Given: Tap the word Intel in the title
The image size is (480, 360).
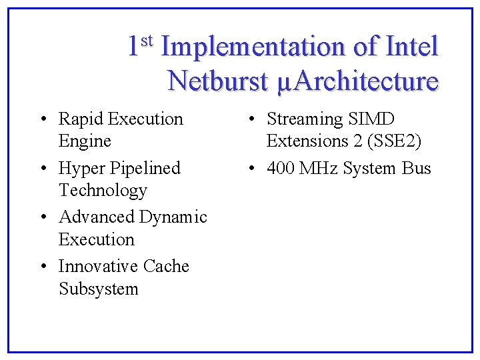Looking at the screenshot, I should (412, 47).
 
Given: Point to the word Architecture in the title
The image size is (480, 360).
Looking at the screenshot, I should (365, 81).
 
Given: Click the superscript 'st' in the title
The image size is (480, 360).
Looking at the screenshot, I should (147, 41).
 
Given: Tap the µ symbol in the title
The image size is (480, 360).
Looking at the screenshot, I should (283, 83).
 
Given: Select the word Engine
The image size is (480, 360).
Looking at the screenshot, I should (85, 141).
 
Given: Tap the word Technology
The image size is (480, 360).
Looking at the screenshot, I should (103, 191).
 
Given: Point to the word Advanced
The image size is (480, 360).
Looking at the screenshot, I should (97, 217).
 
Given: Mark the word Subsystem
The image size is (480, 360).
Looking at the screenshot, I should (99, 289).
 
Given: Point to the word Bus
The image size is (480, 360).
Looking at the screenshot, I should (417, 169).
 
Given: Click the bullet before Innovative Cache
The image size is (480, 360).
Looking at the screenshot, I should (43, 267).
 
